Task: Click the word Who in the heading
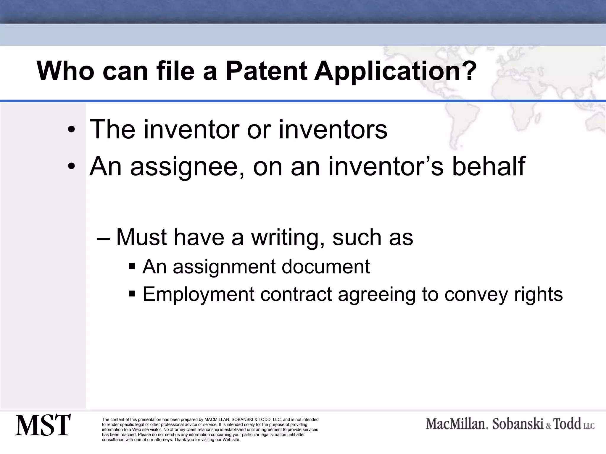point(65,71)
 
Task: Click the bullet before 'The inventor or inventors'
point(71,130)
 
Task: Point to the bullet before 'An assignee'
point(71,167)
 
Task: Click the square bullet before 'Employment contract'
point(132,294)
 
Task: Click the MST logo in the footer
point(43,425)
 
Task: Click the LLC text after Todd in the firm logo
point(589,426)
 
